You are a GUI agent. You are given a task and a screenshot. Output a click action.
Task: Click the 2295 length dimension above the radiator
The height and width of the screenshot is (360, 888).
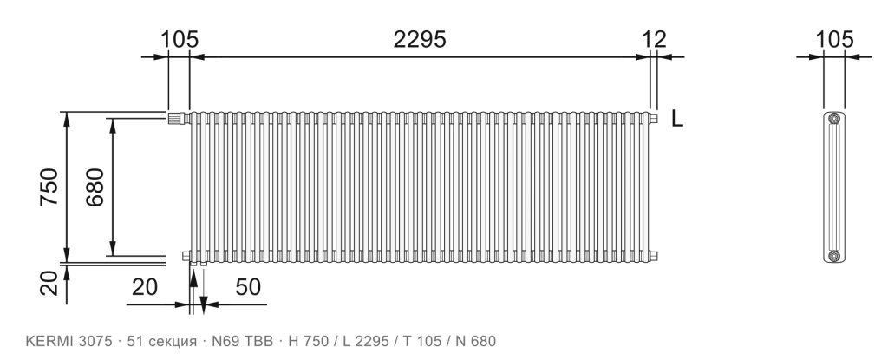pos(420,40)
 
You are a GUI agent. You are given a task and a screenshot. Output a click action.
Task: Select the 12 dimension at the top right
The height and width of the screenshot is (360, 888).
pos(654,40)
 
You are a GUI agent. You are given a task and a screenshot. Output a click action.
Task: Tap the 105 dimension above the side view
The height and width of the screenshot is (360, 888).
pos(834,40)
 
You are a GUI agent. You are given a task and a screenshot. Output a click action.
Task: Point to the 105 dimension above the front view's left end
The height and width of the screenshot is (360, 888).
pos(180,40)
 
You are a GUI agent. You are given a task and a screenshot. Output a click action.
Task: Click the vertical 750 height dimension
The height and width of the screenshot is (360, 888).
pos(49,187)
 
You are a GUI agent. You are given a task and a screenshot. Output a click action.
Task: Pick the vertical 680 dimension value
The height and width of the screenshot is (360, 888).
pos(95,187)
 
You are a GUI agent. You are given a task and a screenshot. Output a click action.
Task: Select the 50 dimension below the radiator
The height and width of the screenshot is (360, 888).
pos(248,287)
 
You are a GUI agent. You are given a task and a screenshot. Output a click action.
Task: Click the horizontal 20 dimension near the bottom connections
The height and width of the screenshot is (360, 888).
pos(145,287)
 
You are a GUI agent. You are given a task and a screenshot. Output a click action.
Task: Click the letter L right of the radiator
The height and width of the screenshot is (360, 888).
pos(677,119)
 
